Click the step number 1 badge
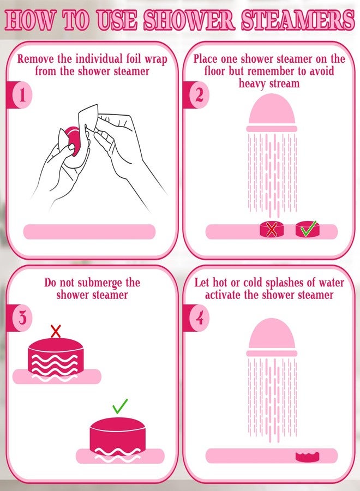[22, 95]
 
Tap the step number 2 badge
[199, 95]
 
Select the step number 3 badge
[22, 318]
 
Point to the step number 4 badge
[199, 318]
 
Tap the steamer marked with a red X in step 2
[272, 230]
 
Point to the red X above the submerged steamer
[56, 331]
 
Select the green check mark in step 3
[120, 406]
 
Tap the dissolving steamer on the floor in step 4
[308, 457]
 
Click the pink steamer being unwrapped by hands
[73, 141]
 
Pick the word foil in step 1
[134, 59]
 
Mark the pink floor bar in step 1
[89, 232]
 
